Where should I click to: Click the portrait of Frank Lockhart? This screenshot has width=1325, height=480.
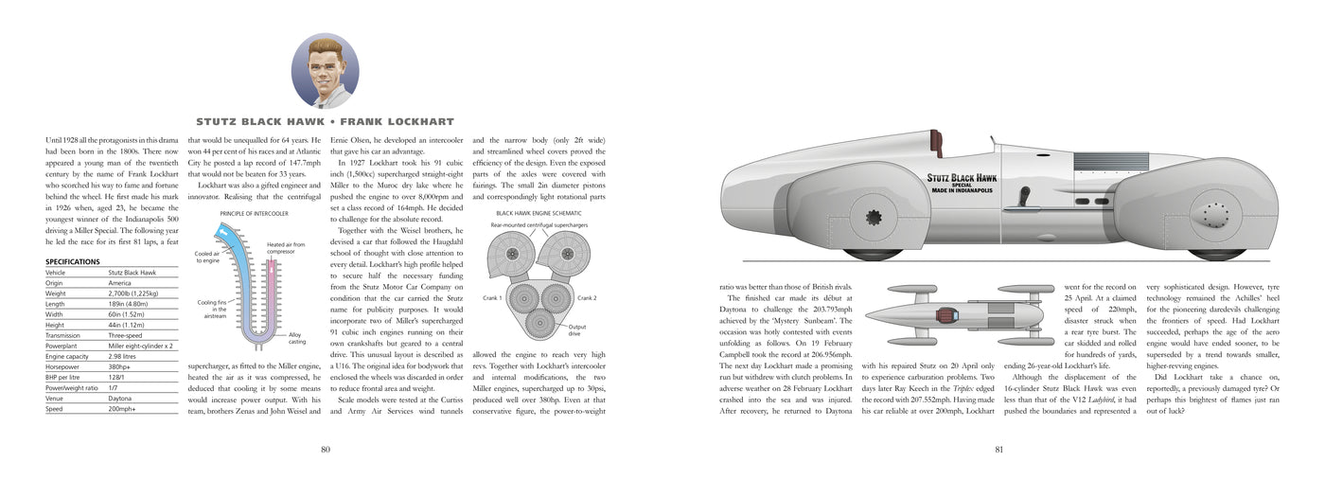tap(325, 71)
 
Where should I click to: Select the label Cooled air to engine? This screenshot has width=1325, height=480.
tap(209, 258)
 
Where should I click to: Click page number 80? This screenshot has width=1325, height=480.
tap(325, 449)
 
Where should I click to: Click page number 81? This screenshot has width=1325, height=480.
tap(999, 449)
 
